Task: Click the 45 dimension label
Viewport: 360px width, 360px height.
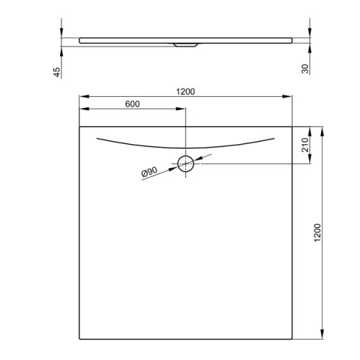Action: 56,71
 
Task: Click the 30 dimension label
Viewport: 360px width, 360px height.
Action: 305,68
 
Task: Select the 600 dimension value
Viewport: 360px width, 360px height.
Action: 132,104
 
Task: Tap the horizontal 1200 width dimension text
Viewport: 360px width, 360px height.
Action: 186,91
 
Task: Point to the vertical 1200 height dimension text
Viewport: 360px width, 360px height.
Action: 317,234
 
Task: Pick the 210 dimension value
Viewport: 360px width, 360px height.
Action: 305,145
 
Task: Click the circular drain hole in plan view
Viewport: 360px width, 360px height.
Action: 186,164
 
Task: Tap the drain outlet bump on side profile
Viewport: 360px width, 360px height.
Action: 186,45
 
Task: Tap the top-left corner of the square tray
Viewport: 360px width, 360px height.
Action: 80,127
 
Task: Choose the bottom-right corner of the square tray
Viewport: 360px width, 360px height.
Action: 292,339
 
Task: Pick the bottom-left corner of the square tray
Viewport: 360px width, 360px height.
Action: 80,339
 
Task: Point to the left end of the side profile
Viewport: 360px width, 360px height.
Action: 80,40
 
